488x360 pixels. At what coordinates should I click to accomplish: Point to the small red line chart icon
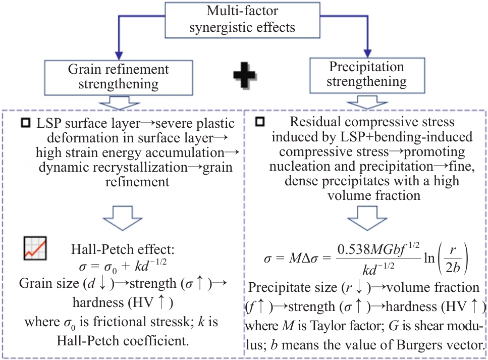click(36, 247)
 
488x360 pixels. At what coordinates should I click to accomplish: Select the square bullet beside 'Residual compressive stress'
click(260, 122)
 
